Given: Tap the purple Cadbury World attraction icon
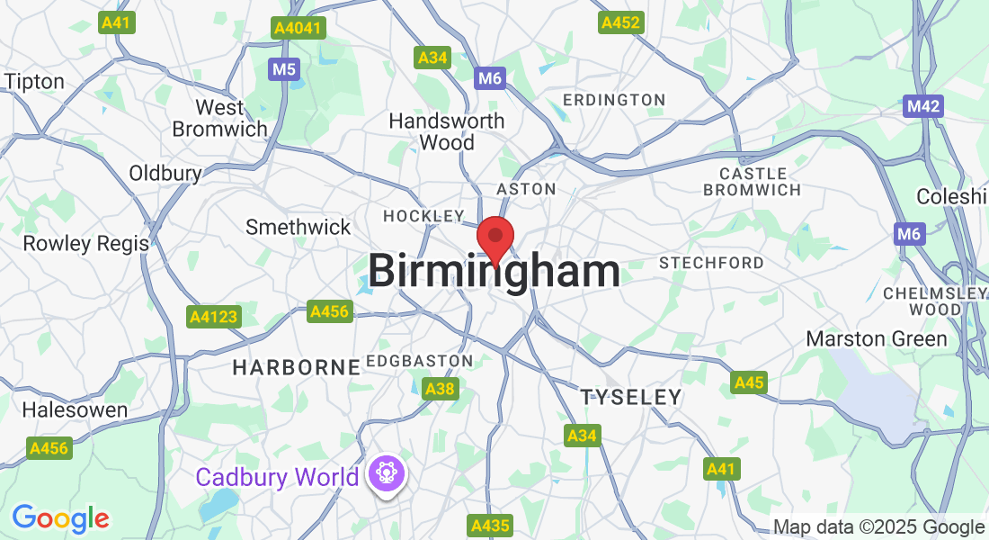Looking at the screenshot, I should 388,474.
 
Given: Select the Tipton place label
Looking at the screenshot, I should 35,82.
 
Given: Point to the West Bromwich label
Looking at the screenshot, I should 219,119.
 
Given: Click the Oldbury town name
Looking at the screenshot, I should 165,173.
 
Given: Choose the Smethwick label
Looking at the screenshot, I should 298,227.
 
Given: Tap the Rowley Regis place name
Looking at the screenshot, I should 86,243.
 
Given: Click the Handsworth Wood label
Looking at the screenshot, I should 447,131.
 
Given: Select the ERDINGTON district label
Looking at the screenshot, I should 614,100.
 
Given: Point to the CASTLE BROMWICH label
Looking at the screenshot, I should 753,181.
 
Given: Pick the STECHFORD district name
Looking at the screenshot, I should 712,263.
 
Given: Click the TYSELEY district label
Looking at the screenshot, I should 630,397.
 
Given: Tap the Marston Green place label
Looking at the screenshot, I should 877,339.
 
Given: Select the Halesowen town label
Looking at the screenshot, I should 75,409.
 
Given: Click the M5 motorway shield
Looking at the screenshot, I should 283,68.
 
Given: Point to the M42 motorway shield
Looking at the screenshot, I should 923,107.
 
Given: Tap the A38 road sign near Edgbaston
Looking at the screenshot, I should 440,390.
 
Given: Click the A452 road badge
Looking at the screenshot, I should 621,22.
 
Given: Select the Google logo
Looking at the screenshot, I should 60,518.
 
